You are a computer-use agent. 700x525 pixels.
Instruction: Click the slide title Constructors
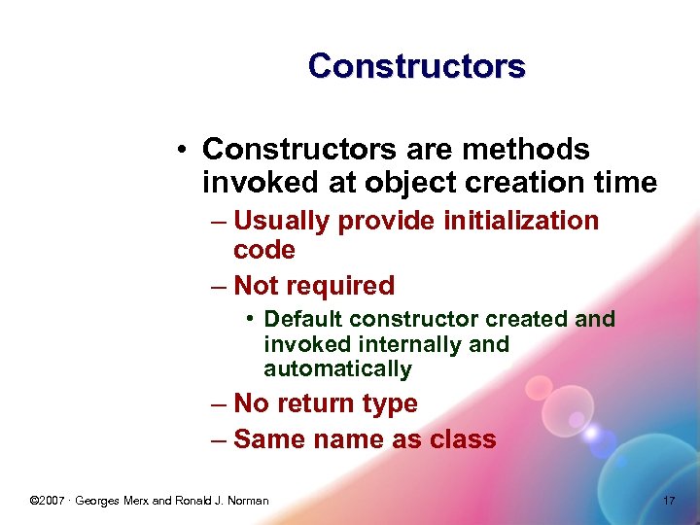click(x=416, y=66)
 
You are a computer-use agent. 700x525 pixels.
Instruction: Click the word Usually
click(x=282, y=221)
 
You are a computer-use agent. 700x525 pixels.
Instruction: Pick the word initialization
click(x=521, y=221)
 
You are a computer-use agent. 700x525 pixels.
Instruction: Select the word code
click(x=264, y=250)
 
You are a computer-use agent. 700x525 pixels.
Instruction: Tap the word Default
click(x=303, y=319)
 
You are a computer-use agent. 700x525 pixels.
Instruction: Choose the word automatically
click(x=337, y=369)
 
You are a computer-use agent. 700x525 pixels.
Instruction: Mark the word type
click(x=389, y=403)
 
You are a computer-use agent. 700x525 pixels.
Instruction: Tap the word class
click(x=463, y=439)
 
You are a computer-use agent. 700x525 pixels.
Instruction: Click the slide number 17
click(x=668, y=501)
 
